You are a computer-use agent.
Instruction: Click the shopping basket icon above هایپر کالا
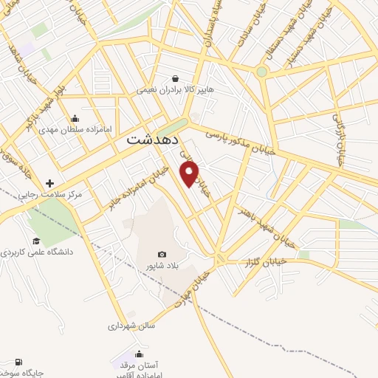pos(175,78)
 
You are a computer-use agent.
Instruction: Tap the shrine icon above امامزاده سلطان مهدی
pos(74,118)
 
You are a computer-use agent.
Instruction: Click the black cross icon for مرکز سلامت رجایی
pos(49,183)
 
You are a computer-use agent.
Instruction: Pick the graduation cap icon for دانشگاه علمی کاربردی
pos(36,241)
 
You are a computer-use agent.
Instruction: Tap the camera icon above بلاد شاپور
pos(162,253)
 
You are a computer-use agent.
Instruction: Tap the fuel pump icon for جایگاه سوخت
pos(16,363)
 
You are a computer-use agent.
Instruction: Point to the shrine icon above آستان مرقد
pos(138,354)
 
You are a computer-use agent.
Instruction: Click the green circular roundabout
pos(261,72)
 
